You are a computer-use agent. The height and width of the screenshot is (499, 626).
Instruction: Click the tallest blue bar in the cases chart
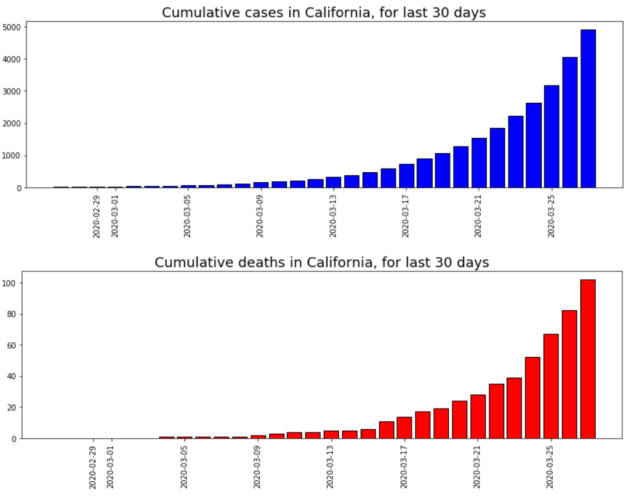click(x=588, y=109)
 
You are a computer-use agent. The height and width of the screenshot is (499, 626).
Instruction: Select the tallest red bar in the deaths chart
click(x=588, y=359)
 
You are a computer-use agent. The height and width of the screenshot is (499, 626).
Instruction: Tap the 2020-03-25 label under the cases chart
click(x=552, y=216)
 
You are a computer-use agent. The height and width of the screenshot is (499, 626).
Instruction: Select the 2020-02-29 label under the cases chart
click(x=97, y=216)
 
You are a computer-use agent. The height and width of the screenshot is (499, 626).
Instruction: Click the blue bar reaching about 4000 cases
click(x=570, y=122)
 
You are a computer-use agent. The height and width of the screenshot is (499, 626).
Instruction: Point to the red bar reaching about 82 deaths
click(x=569, y=375)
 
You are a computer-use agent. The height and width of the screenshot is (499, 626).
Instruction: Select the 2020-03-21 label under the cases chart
click(x=478, y=216)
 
